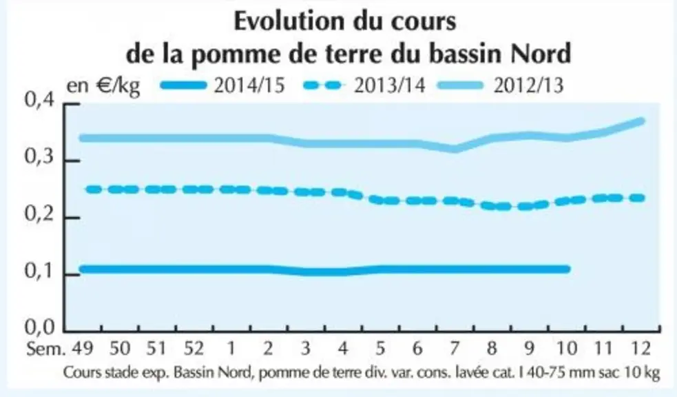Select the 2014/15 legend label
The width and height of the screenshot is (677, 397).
[249, 85]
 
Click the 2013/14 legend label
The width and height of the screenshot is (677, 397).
[390, 85]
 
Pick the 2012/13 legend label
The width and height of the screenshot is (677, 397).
[529, 85]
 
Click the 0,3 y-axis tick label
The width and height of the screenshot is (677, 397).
[39, 157]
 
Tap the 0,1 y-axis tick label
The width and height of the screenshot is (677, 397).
[39, 272]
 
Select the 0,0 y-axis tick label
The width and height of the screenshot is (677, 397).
[39, 327]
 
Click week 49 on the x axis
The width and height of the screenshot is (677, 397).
[83, 348]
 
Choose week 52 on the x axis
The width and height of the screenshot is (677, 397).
[194, 348]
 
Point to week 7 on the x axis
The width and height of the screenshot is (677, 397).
[455, 348]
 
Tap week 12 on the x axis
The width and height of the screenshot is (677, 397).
[640, 348]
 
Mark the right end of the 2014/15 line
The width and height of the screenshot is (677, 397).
[567, 269]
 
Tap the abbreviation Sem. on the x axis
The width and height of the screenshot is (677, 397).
[45, 348]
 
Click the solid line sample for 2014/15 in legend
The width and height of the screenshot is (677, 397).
[183, 85]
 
